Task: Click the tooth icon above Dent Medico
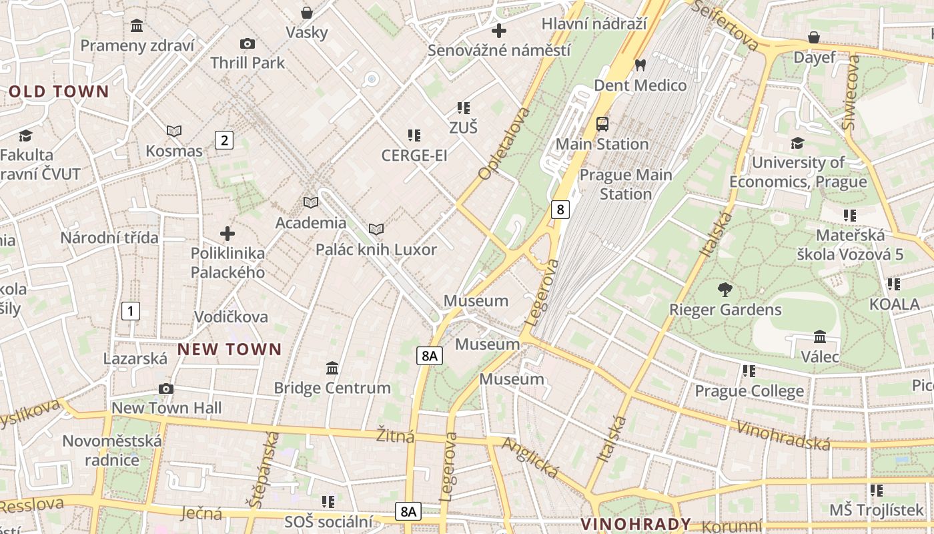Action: point(640,65)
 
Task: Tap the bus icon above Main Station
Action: point(602,124)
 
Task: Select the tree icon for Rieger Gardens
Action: point(725,290)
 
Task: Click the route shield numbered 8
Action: point(560,210)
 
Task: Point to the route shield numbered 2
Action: point(224,140)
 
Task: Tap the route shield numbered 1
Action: point(131,310)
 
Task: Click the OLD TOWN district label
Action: point(59,92)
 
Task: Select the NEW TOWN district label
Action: point(229,349)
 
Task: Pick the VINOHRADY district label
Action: point(635,524)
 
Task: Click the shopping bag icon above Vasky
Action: point(307,13)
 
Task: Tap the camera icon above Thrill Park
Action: point(248,44)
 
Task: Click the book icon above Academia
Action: point(311,202)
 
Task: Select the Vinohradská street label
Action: point(784,435)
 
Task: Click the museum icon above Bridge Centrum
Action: point(332,368)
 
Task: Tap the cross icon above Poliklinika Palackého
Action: point(227,234)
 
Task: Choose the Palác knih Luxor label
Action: point(376,250)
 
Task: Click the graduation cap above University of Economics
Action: point(797,143)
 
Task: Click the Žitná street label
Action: point(395,437)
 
